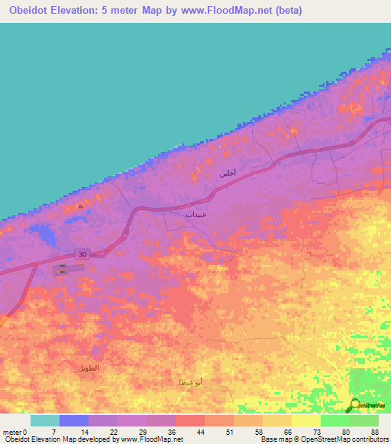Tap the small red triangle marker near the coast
(x=81, y=205)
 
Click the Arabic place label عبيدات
(x=195, y=214)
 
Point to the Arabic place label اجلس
(x=228, y=174)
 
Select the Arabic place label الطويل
(x=89, y=368)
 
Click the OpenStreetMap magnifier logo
(x=355, y=404)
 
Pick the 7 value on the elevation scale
(x=53, y=431)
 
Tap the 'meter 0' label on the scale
(x=14, y=431)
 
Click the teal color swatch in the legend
(x=45, y=420)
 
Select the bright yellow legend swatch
(x=306, y=420)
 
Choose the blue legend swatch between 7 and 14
(x=74, y=420)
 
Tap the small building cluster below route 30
(x=60, y=268)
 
